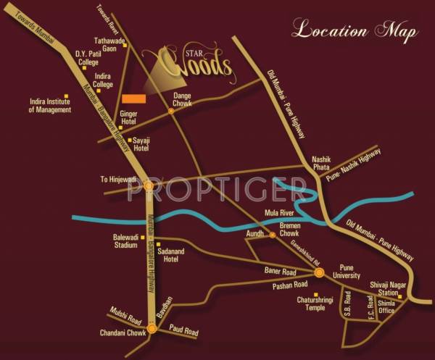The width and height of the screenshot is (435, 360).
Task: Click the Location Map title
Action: (355, 31)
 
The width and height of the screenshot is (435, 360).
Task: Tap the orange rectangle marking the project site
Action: (133, 99)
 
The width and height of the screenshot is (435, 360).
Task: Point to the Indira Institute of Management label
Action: (50, 106)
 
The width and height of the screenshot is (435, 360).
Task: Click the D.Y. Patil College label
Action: (87, 58)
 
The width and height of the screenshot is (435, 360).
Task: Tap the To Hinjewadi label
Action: (118, 179)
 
